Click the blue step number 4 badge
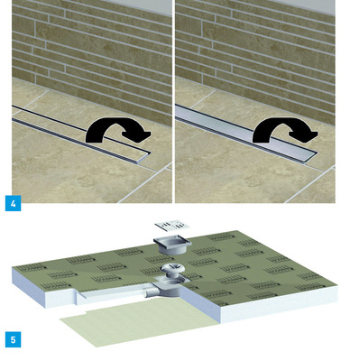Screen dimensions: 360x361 coord(14,203)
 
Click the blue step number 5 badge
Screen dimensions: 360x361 coord(14,339)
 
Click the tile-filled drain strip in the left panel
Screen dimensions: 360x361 coord(81,134)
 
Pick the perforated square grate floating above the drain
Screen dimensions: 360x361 coord(172,226)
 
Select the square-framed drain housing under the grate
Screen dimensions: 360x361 coord(172,245)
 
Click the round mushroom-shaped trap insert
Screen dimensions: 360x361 coord(171,270)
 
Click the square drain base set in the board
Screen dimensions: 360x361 coord(170,288)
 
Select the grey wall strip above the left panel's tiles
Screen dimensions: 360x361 coord(142,6)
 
